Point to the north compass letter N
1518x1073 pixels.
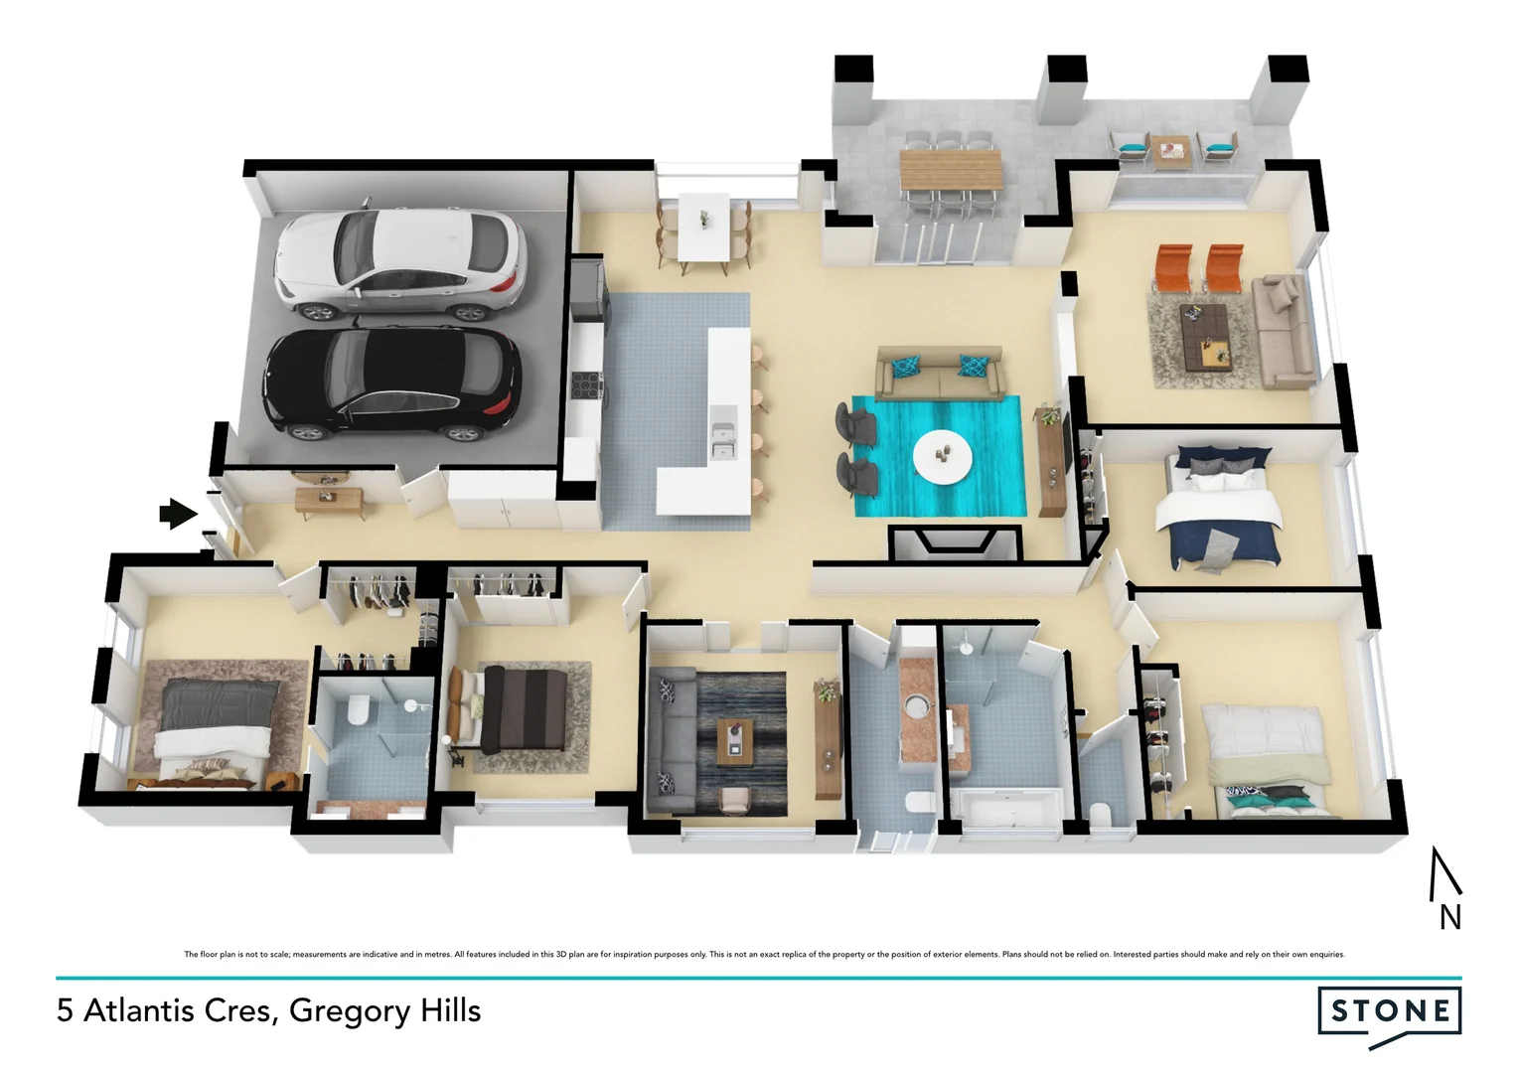(1449, 917)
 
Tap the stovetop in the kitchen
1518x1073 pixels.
(586, 383)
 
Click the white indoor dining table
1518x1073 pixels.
(704, 229)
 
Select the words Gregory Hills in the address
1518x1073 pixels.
(384, 1010)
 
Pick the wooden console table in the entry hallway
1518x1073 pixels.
(329, 496)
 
